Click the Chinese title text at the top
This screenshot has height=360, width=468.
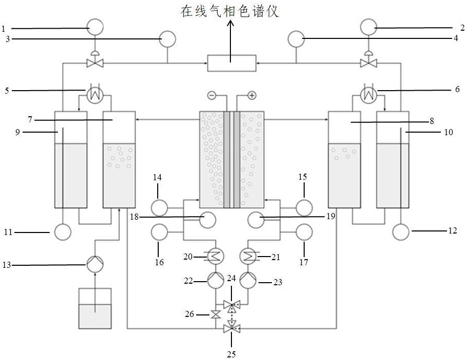230,11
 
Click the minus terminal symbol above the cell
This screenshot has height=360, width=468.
212,95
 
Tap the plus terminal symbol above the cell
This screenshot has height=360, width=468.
251,95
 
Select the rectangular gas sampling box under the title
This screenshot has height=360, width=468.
231,62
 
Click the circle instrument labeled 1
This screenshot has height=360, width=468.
95,27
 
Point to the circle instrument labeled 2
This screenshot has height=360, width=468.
368,26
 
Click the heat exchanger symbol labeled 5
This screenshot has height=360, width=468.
95,94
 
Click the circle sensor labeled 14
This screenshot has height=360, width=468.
159,207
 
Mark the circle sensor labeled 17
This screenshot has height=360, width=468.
304,232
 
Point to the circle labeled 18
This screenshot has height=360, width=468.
207,220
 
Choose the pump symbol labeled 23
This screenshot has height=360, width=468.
248,279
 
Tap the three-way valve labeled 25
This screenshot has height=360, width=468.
231,329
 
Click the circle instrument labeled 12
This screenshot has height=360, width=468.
400,232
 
